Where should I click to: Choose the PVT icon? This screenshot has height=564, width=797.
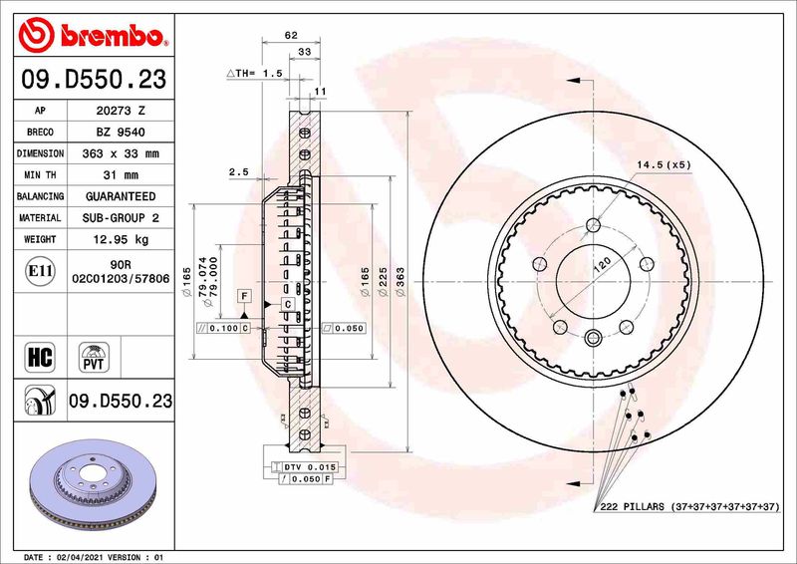pos(94,357)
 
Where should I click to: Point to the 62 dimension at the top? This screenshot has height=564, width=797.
pos(291,35)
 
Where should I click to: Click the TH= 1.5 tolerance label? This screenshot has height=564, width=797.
pos(255,74)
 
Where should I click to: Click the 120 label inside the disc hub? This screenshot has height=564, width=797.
pos(602,265)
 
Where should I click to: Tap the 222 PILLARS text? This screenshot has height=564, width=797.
pos(636,507)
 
